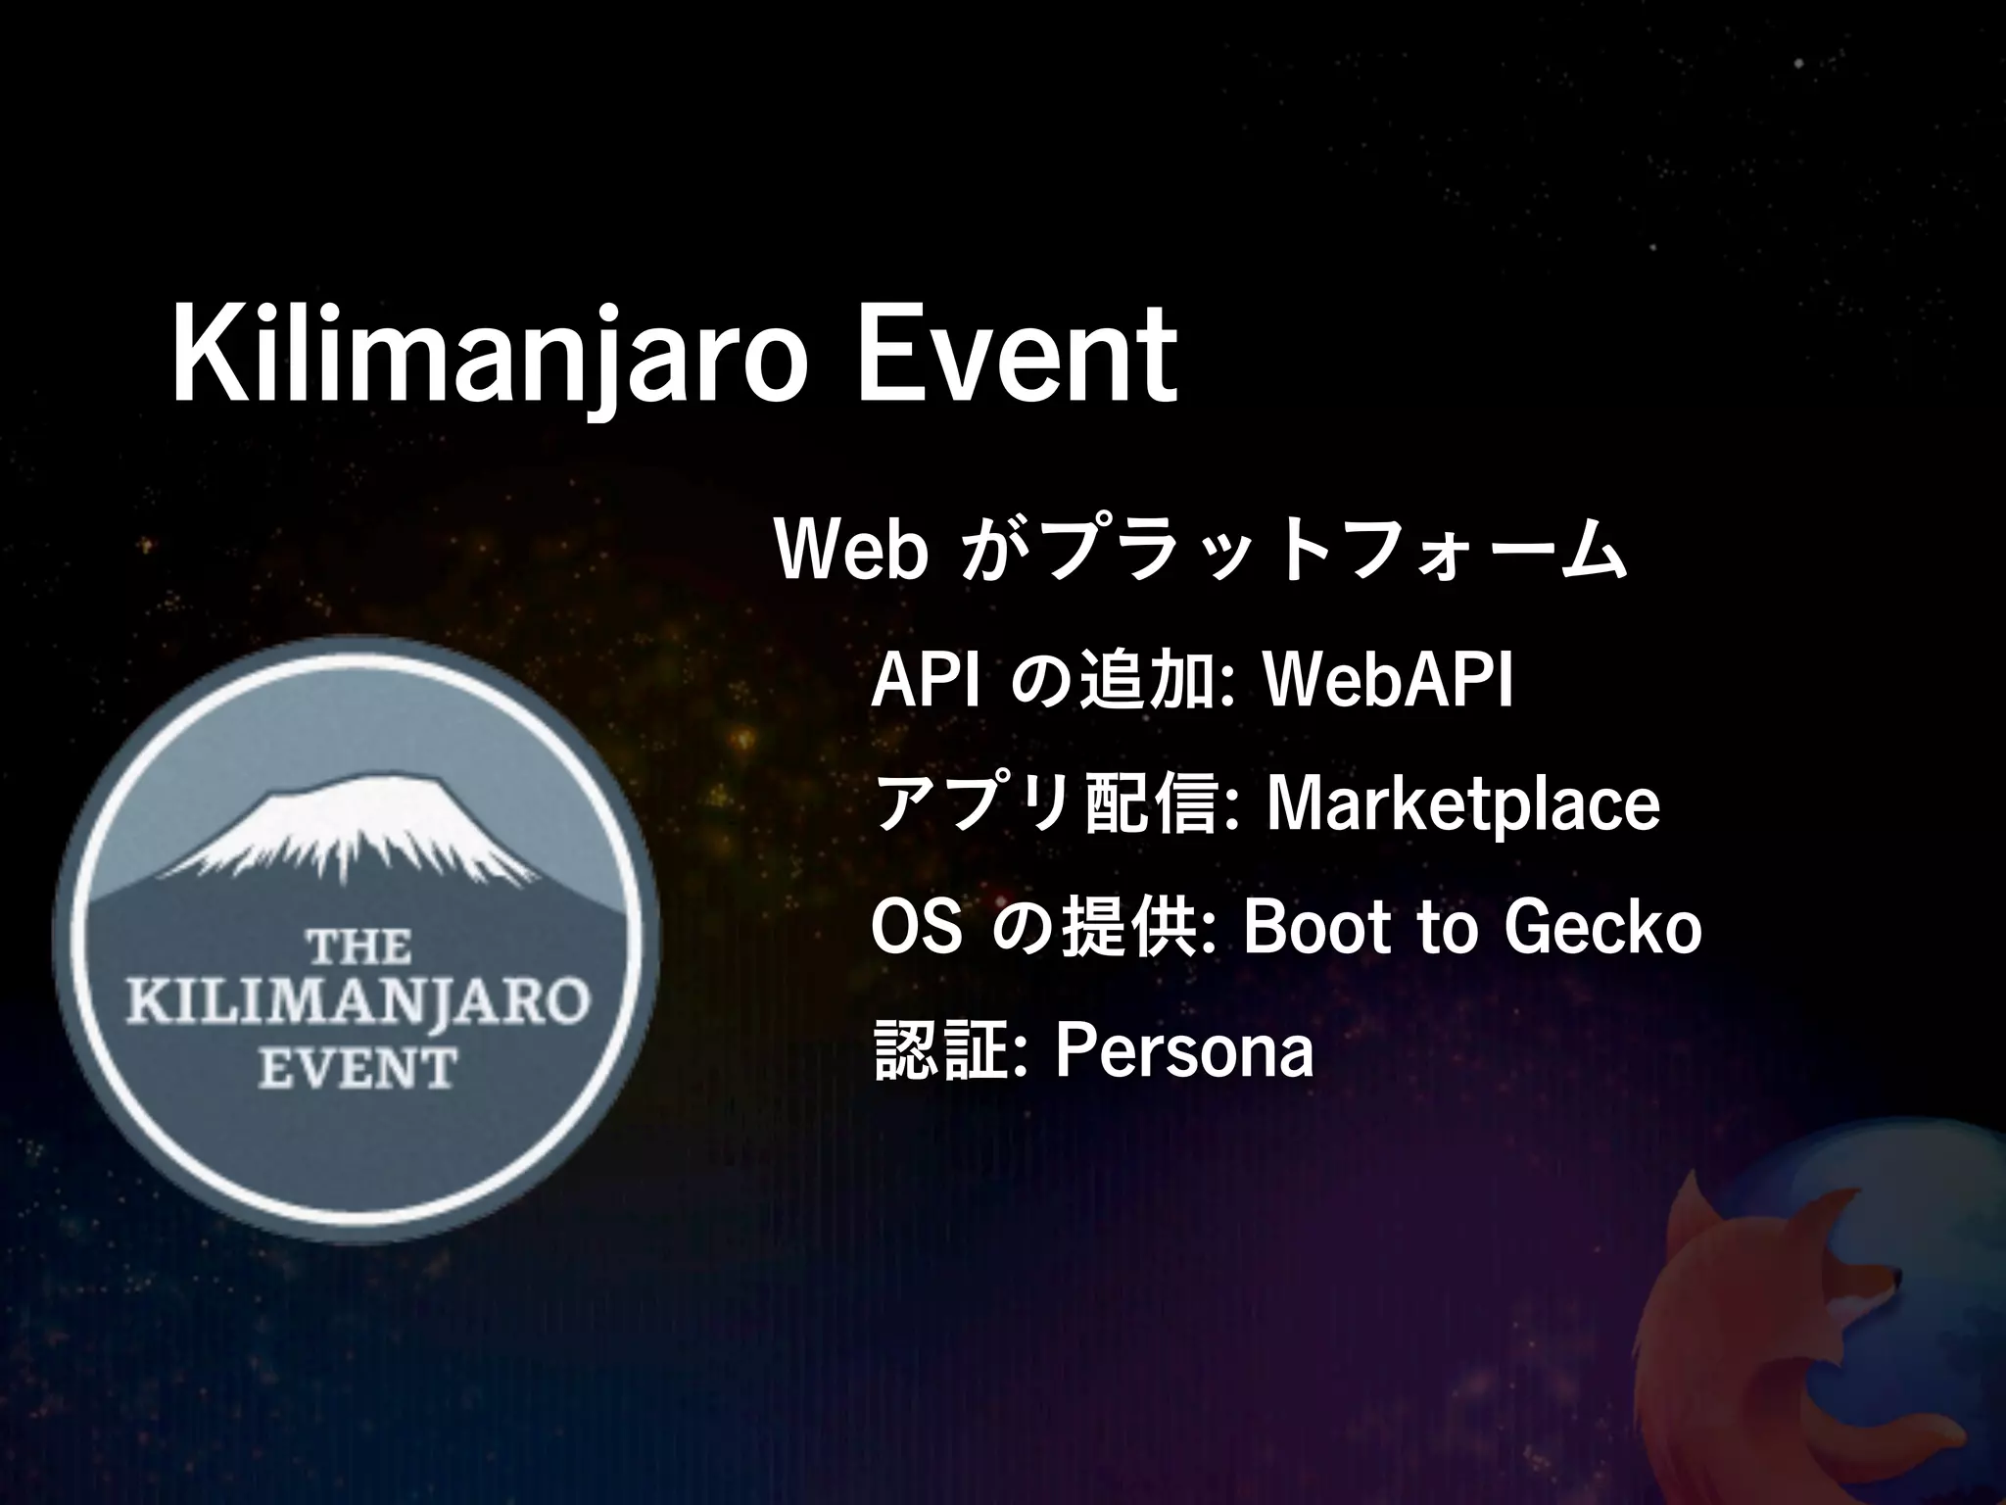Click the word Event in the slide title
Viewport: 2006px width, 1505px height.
[x=1019, y=355]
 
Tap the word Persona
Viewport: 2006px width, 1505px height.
[x=1183, y=1051]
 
